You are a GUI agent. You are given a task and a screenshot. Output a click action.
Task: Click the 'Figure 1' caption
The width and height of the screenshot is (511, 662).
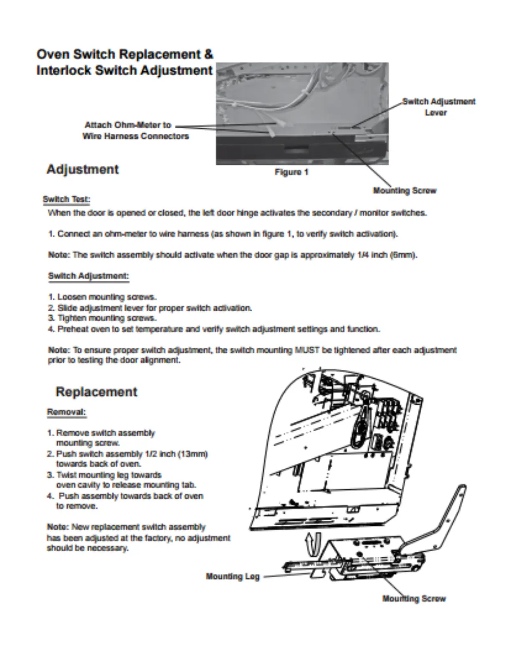pyautogui.click(x=291, y=172)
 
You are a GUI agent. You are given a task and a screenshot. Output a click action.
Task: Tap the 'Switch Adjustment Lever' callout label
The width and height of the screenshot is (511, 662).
pyautogui.click(x=438, y=107)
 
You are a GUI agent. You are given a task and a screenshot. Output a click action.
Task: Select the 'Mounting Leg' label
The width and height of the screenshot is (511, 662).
pyautogui.click(x=233, y=577)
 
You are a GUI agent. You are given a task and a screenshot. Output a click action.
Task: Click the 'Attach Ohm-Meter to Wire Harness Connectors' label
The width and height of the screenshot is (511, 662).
pyautogui.click(x=135, y=130)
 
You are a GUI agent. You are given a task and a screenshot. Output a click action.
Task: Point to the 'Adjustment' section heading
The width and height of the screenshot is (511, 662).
pyautogui.click(x=83, y=169)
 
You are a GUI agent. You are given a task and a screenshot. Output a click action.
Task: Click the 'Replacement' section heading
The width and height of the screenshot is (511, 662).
pyautogui.click(x=96, y=392)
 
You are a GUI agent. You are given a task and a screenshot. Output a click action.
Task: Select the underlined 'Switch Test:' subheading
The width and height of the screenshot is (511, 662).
pyautogui.click(x=66, y=199)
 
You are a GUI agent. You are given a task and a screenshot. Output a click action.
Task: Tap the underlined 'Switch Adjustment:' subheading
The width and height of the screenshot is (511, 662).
pyautogui.click(x=89, y=276)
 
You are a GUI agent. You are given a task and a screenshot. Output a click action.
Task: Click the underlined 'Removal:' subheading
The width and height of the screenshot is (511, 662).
pyautogui.click(x=66, y=412)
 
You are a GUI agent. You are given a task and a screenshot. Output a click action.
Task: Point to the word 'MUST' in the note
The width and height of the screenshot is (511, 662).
pyautogui.click(x=307, y=350)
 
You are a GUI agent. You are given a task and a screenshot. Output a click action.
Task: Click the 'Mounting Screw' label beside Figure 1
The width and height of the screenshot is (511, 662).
pyautogui.click(x=404, y=191)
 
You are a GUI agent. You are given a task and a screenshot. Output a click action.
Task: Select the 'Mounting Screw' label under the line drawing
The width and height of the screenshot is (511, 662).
pyautogui.click(x=414, y=599)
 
